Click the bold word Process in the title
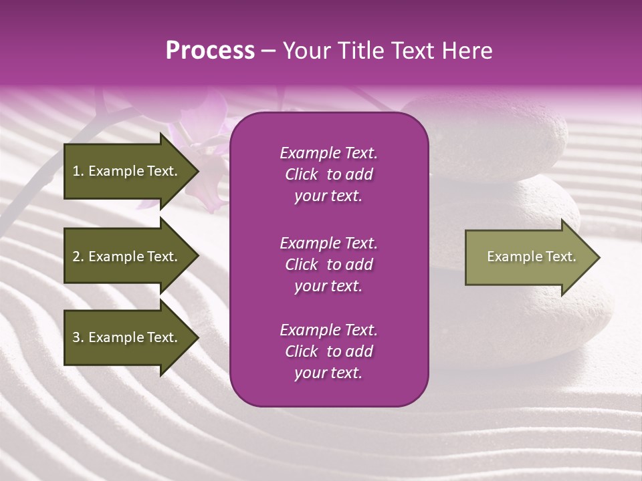click(x=210, y=51)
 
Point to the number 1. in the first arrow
click(x=78, y=171)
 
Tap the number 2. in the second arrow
click(x=78, y=257)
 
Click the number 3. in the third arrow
click(x=78, y=337)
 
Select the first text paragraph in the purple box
click(x=328, y=174)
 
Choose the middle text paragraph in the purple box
click(x=328, y=265)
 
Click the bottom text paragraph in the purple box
click(x=328, y=351)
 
